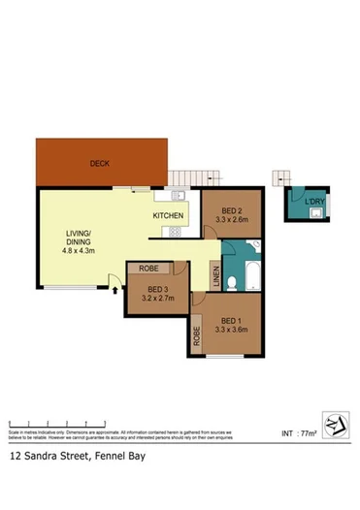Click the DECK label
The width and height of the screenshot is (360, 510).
(x=99, y=164)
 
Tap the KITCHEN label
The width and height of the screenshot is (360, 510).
(x=169, y=215)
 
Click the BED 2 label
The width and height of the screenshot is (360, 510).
(x=231, y=210)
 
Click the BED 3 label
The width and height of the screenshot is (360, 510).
(x=158, y=289)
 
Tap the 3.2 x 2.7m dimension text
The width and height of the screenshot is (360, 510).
(x=158, y=299)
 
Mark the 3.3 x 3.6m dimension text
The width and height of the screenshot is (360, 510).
(x=232, y=330)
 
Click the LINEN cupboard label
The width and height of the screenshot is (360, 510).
(x=214, y=277)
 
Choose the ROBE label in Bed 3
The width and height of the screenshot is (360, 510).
(x=148, y=268)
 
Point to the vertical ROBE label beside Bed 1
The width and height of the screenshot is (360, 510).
(x=197, y=336)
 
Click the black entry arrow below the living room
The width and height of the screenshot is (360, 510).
(x=115, y=288)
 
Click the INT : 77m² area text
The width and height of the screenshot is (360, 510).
(x=300, y=432)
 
